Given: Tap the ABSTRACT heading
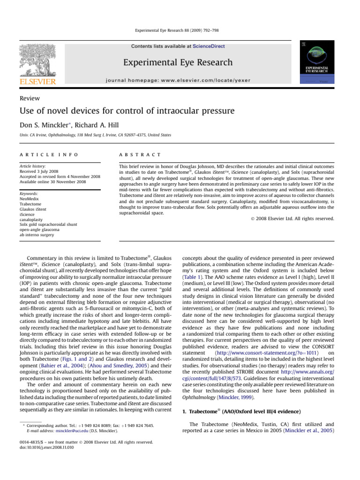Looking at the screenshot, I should point(140,155).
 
